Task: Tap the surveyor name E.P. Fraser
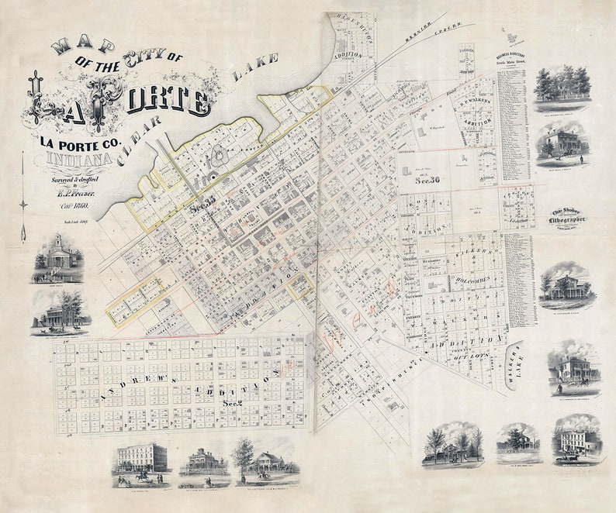pyautogui.click(x=74, y=194)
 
